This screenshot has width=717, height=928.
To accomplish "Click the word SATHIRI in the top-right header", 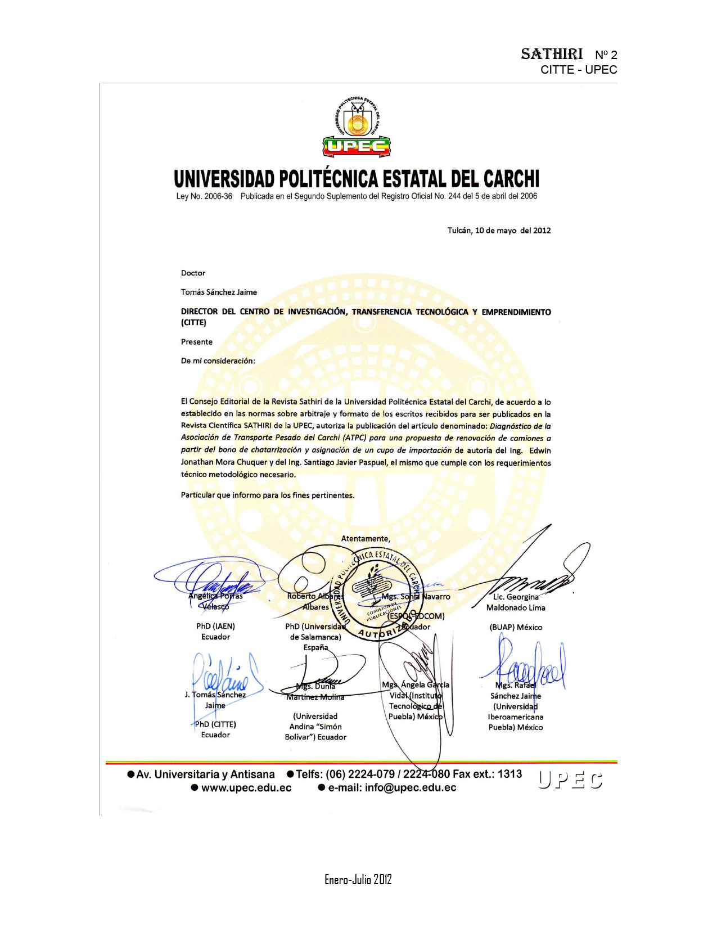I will tap(551, 54).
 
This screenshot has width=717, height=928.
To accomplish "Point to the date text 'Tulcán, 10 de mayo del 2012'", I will tap(499, 230).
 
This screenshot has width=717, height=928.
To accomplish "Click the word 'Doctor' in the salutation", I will tap(193, 273).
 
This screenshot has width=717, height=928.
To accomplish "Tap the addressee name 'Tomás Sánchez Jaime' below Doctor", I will tap(219, 292).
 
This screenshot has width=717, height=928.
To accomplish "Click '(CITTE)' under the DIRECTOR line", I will tap(193, 322).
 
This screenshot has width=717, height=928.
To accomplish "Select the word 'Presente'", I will tap(197, 341).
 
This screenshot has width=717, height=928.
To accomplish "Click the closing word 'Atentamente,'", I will tap(366, 538).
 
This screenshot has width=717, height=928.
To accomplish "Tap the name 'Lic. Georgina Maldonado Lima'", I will tap(516, 602).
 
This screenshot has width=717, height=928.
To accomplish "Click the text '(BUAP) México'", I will tap(516, 627).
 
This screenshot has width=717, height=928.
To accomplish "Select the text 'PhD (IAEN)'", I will tap(215, 626).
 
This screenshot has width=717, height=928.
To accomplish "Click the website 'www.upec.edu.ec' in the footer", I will tap(246, 787).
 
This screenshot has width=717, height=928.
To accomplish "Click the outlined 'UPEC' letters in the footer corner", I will tap(570, 780).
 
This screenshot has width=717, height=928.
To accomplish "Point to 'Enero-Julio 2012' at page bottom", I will tap(358, 880).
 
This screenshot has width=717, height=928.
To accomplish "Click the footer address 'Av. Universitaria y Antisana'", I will tap(205, 774).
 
